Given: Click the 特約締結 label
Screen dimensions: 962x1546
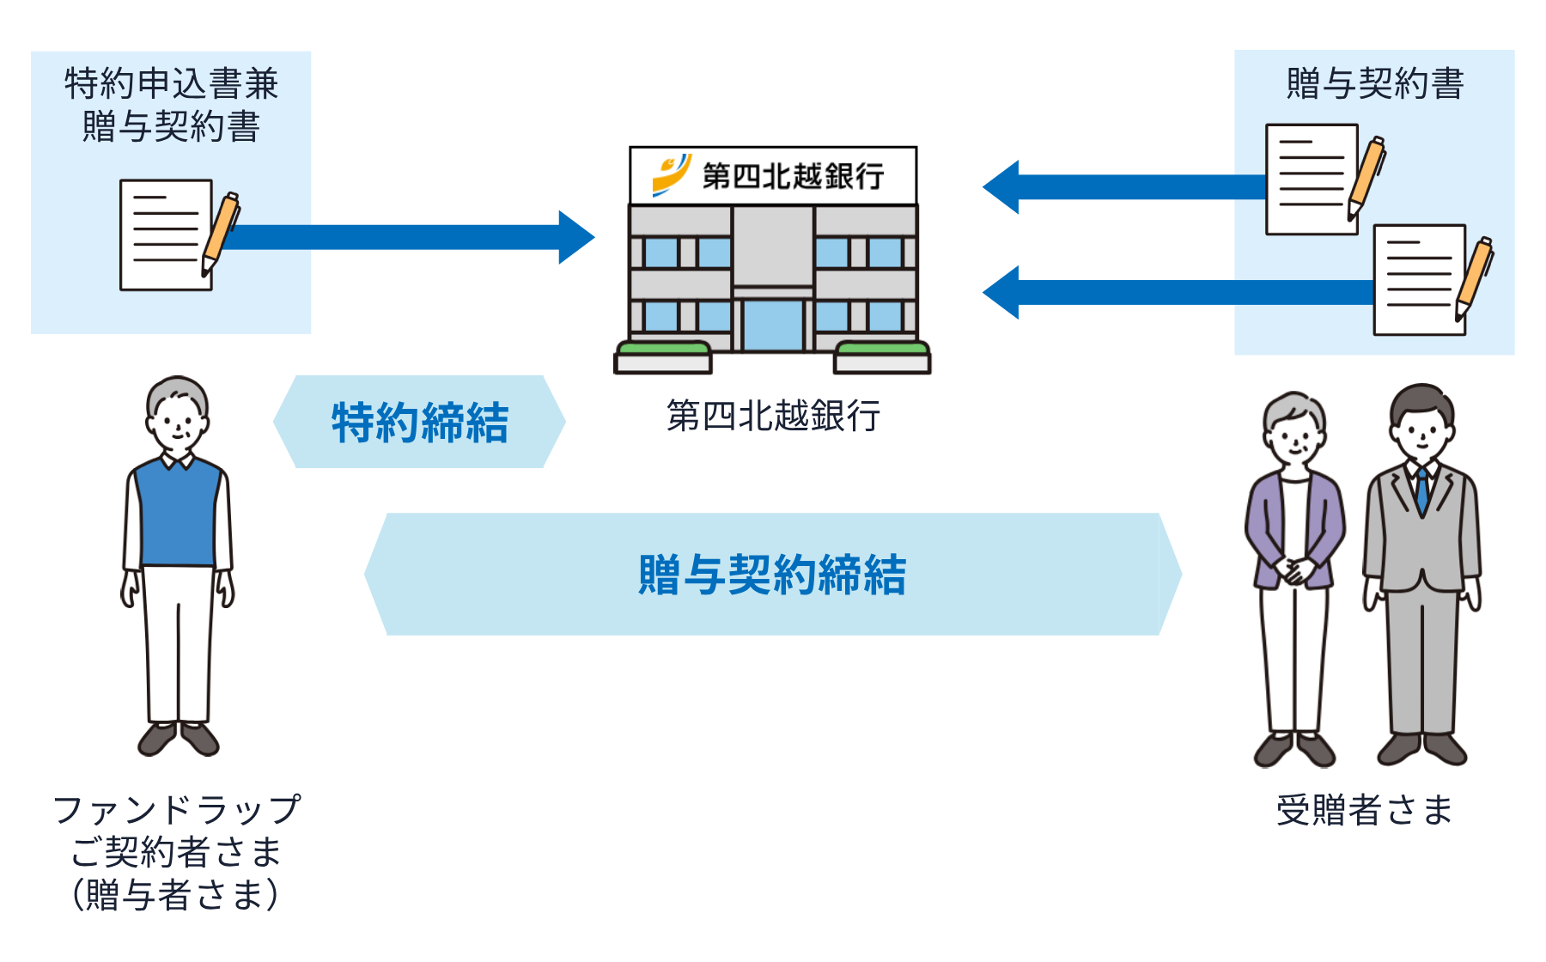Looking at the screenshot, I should coord(420,423).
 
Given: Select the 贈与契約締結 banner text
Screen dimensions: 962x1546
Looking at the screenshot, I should coord(772,575).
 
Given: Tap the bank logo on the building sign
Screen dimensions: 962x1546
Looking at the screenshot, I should coord(671,174).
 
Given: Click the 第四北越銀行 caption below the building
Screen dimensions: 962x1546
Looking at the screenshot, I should coord(773,416).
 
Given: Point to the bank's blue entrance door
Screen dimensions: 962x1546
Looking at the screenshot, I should coord(772,325).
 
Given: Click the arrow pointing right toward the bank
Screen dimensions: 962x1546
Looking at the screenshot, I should coord(404,237).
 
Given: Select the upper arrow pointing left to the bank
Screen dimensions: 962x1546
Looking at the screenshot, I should coord(1125,186).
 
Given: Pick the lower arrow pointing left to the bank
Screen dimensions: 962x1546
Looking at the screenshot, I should coord(1177,293).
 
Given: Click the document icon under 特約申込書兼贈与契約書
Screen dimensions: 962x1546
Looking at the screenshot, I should coord(167,234).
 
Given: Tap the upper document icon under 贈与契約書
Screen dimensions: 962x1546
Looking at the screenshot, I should coord(1312,180).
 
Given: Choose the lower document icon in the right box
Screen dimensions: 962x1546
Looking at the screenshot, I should coord(1419,280).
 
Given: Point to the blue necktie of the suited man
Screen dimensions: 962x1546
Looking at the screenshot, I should coord(1422,490).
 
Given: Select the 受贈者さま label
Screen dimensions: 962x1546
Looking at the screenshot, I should coord(1364,810).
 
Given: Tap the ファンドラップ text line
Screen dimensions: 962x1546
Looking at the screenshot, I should coord(177,810).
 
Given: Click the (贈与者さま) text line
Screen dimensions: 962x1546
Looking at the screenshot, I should coord(176,894).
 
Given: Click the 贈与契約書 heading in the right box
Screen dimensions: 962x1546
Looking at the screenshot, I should coord(1374,84).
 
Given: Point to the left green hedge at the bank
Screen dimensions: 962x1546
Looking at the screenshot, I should coord(663,349).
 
